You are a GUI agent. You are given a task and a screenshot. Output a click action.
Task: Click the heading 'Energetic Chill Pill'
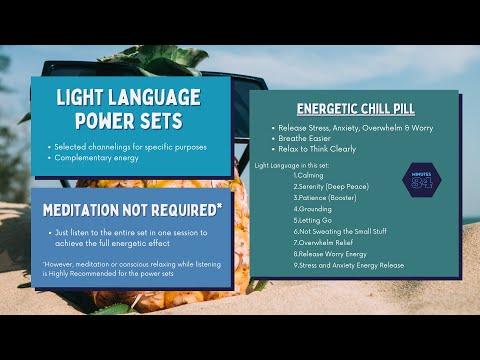pyautogui.click(x=355, y=108)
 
